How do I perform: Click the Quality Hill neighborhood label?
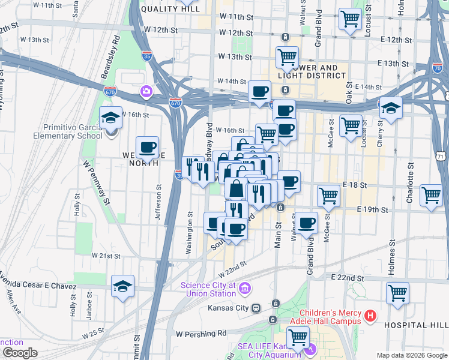pos(169,9)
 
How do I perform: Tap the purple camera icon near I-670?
pos(146,92)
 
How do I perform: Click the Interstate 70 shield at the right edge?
pos(436,68)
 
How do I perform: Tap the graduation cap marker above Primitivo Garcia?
pos(111,117)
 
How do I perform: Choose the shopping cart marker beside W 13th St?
pos(288,57)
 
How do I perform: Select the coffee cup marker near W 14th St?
pos(259,91)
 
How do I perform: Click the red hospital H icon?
pos(370,315)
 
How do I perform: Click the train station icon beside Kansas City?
pos(256,308)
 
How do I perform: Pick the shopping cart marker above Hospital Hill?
pos(397,293)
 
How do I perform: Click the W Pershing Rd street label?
pos(201,333)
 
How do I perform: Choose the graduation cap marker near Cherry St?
pos(391,108)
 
